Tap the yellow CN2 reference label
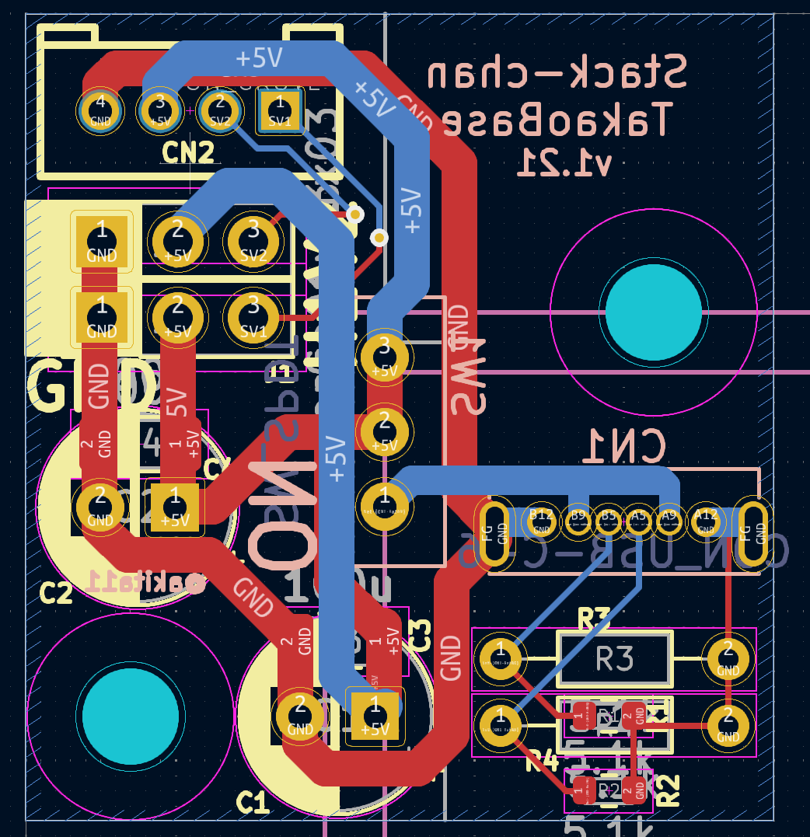pyautogui.click(x=187, y=153)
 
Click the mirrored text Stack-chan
pyautogui.click(x=557, y=75)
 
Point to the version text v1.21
pyautogui.click(x=566, y=162)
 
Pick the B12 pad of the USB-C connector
pyautogui.click(x=541, y=521)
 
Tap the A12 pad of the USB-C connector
pyautogui.click(x=706, y=521)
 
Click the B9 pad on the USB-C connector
pyautogui.click(x=578, y=521)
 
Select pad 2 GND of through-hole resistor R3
pyautogui.click(x=728, y=659)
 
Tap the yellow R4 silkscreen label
pyautogui.click(x=542, y=762)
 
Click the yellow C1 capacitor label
pyautogui.click(x=253, y=803)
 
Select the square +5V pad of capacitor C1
pyautogui.click(x=375, y=716)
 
